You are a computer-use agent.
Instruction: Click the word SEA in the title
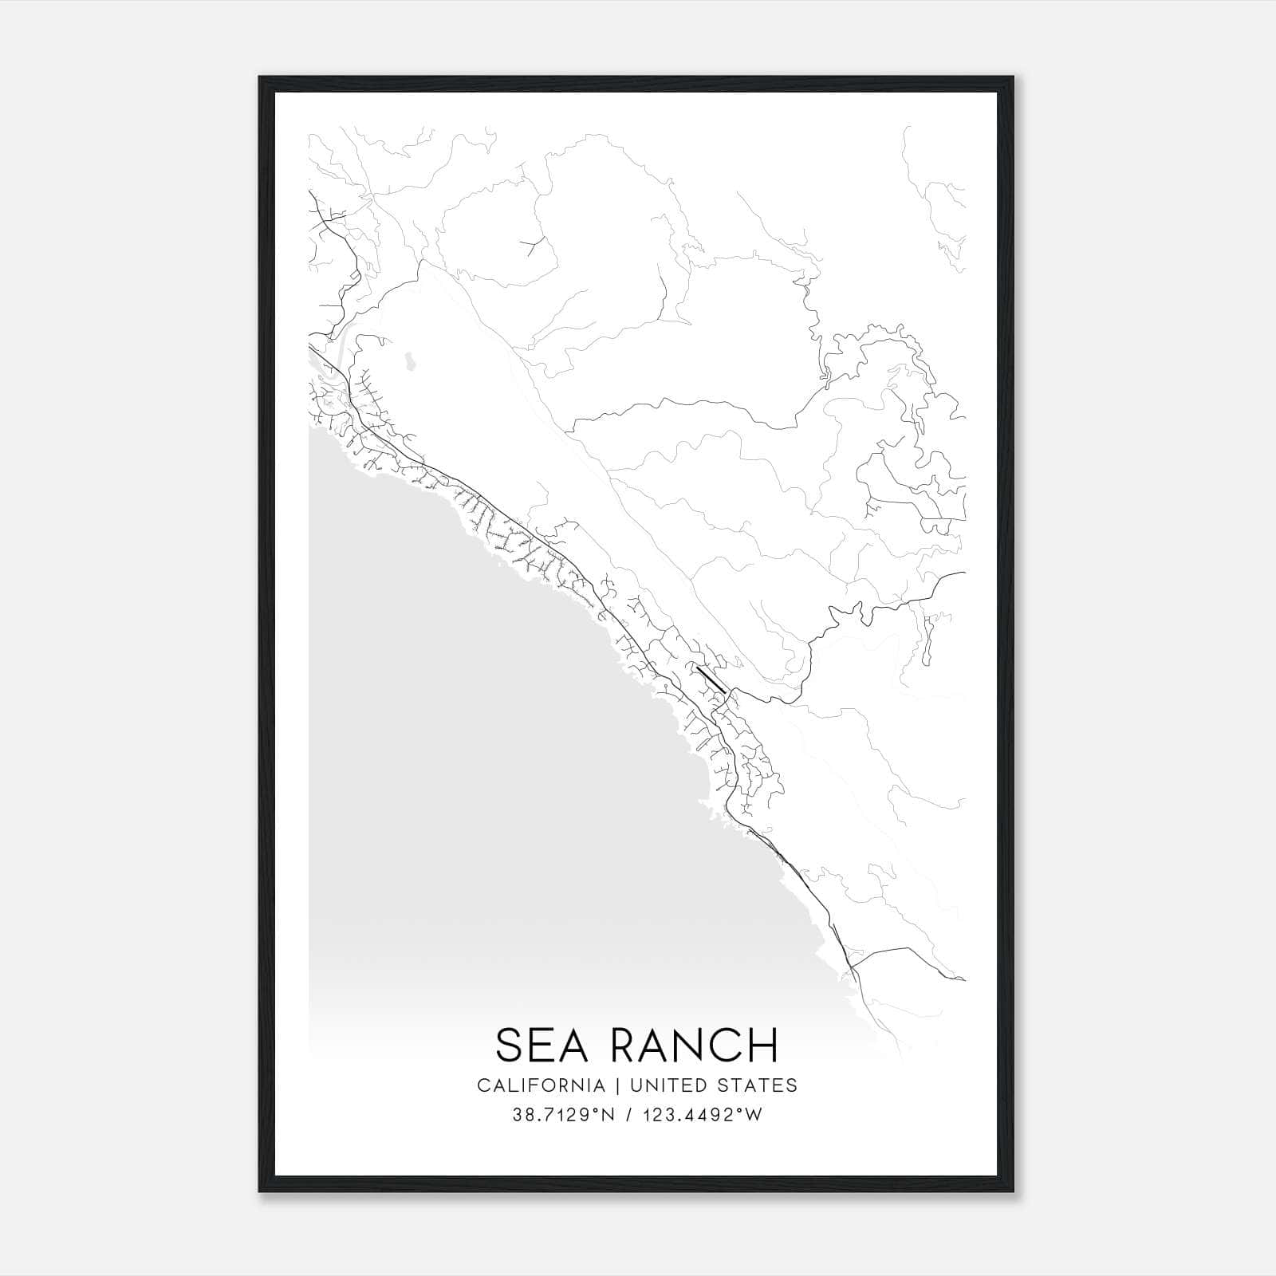click(x=542, y=1045)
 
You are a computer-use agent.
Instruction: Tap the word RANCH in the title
click(x=691, y=1045)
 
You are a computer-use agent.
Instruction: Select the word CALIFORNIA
click(x=541, y=1085)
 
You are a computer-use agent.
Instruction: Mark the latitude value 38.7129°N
click(x=564, y=1115)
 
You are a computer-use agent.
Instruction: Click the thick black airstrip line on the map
click(x=711, y=679)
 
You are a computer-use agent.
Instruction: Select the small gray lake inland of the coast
click(x=409, y=362)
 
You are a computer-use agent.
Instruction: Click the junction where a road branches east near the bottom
click(x=853, y=967)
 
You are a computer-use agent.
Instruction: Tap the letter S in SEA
click(x=510, y=1045)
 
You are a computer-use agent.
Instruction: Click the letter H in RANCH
click(x=763, y=1045)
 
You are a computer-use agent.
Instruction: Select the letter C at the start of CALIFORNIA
click(x=483, y=1085)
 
